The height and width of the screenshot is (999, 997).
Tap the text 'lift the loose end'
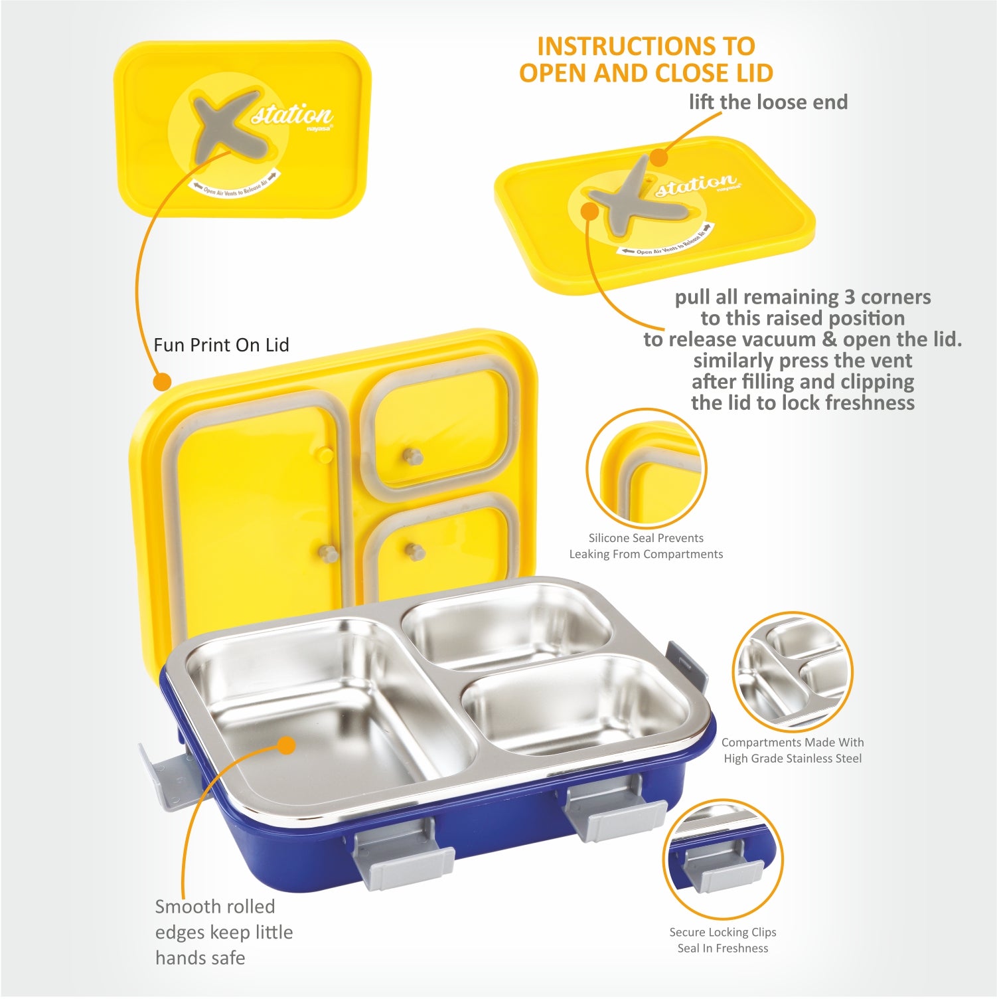(x=768, y=102)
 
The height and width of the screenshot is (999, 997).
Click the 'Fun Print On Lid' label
(x=221, y=345)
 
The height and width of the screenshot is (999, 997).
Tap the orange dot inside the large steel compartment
(x=287, y=745)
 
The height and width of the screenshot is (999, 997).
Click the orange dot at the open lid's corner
(x=161, y=381)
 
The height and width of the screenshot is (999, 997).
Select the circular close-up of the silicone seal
(x=646, y=468)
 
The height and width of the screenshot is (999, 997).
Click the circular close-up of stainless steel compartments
(x=792, y=672)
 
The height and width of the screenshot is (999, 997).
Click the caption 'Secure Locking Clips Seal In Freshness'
(x=722, y=940)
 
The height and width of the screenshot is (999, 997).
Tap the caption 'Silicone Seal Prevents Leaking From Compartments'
(x=646, y=546)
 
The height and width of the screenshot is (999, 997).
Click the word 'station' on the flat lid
(x=292, y=114)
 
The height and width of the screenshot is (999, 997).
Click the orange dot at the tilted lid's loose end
(x=658, y=158)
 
